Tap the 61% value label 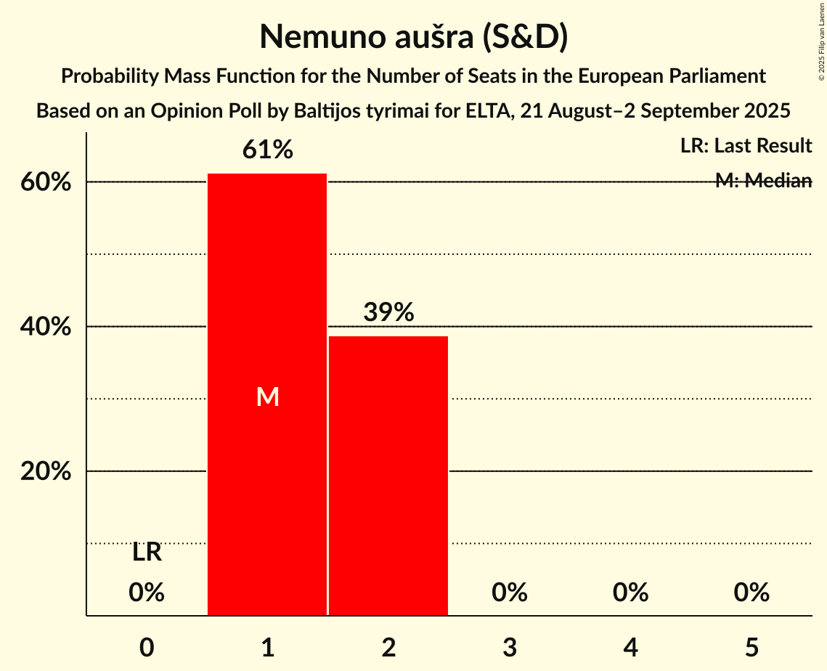[267, 150]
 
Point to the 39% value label [388, 312]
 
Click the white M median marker [267, 396]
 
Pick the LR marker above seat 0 [147, 553]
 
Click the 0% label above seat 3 [509, 593]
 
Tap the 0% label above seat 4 [630, 593]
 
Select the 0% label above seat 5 [751, 593]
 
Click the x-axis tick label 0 [147, 647]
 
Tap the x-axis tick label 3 [509, 647]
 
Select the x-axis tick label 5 [751, 647]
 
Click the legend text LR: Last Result [746, 146]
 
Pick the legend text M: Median [763, 181]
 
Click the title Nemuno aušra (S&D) [413, 37]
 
